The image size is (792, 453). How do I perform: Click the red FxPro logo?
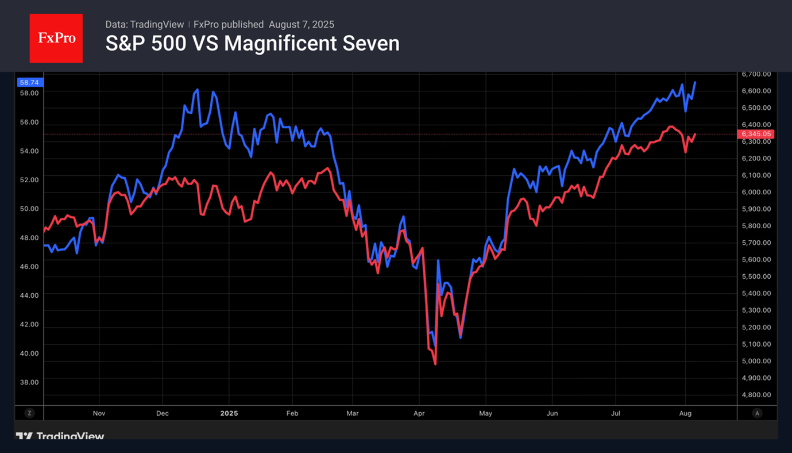tap(56, 39)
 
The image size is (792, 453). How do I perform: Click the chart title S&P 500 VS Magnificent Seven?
tap(252, 44)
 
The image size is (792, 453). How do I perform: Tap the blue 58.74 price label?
tap(29, 83)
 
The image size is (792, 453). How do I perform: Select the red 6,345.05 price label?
tap(757, 135)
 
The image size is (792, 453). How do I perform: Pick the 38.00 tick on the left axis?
tap(29, 382)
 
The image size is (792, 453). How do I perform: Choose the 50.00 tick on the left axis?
tap(29, 209)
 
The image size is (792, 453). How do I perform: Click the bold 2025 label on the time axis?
tap(229, 413)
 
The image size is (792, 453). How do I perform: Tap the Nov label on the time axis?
tap(99, 413)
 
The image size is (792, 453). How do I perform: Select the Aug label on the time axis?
tap(685, 413)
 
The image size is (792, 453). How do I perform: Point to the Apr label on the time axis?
tap(419, 413)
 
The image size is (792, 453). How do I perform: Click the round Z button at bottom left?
tap(29, 413)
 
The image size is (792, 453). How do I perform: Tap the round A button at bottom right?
tap(757, 413)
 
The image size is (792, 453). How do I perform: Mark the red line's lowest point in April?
tap(435, 364)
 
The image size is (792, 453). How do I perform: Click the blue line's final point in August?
tap(695, 82)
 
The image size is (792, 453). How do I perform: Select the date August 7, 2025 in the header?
tap(301, 25)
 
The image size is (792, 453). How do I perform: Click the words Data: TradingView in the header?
tap(145, 25)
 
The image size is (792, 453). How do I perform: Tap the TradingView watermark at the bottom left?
tap(60, 436)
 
